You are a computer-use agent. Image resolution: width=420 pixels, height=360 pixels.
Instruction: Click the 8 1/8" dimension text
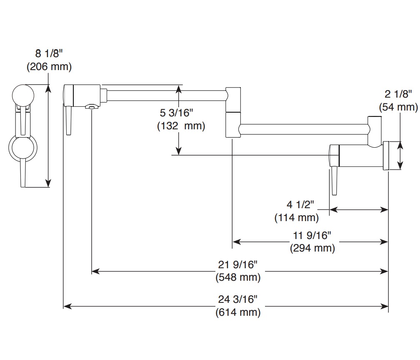(x=49, y=53)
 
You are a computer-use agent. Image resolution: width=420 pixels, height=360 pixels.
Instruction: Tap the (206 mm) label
(x=49, y=66)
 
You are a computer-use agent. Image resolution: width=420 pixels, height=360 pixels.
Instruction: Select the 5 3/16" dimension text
(x=176, y=113)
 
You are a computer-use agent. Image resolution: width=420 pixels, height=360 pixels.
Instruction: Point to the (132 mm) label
(x=181, y=126)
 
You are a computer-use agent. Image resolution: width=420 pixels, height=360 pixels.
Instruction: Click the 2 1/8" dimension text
(x=398, y=94)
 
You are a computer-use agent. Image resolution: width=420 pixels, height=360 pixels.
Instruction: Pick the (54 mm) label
(x=398, y=107)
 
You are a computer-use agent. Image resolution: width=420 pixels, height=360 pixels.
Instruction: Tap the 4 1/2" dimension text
(x=300, y=205)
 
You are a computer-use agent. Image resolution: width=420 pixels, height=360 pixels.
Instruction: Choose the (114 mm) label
(x=297, y=218)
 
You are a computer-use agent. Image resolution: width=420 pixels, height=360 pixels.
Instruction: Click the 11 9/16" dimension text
(x=312, y=236)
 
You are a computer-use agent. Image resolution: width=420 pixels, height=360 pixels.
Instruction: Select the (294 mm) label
(x=312, y=248)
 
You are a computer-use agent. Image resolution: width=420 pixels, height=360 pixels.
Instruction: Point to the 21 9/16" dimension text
(x=237, y=265)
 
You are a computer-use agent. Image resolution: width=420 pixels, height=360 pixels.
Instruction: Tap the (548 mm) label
(x=238, y=277)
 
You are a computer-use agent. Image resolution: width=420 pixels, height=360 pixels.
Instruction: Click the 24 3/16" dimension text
(x=237, y=299)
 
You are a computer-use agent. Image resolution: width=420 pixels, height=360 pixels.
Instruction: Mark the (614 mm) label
(x=238, y=312)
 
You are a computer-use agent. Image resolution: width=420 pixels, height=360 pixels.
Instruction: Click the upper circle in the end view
(x=23, y=96)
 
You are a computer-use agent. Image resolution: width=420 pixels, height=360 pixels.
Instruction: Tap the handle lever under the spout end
(x=68, y=120)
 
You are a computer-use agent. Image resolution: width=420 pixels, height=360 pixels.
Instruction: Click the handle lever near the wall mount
(x=334, y=181)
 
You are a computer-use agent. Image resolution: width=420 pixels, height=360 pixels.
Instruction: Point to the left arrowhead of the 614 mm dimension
(x=67, y=306)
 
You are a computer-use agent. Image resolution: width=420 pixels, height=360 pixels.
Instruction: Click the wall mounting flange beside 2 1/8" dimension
(x=386, y=156)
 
